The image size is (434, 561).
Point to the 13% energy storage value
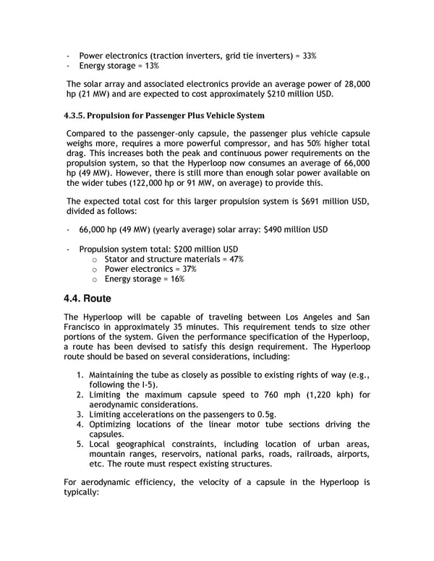point(150,67)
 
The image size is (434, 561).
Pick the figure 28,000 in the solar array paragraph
point(353,84)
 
